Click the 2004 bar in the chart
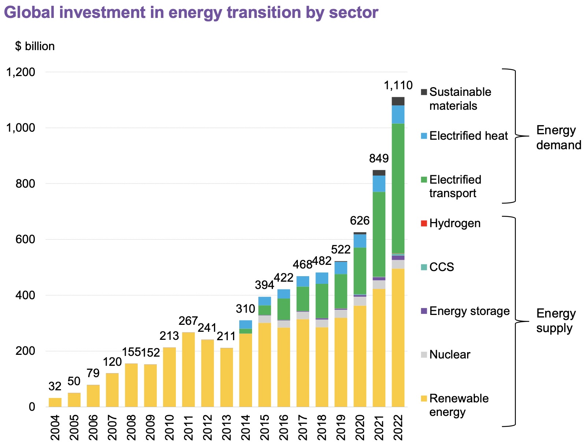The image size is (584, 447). [x=55, y=402]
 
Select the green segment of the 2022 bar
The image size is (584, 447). [x=398, y=188]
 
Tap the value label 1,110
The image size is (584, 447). [x=398, y=86]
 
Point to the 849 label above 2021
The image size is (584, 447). [x=379, y=158]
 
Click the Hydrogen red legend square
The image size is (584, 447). [x=424, y=223]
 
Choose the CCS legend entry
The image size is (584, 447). [x=441, y=267]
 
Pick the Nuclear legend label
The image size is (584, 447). [x=450, y=354]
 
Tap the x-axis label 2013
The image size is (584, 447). [x=226, y=428]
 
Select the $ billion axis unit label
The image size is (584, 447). [x=35, y=46]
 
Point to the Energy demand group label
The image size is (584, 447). [x=558, y=138]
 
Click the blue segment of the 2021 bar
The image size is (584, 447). [x=379, y=184]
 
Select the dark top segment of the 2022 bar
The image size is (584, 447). [x=398, y=101]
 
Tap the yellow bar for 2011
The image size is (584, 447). [x=188, y=369]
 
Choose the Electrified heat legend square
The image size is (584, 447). [x=424, y=136]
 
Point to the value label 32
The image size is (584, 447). [x=55, y=387]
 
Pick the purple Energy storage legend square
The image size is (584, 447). [x=424, y=311]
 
